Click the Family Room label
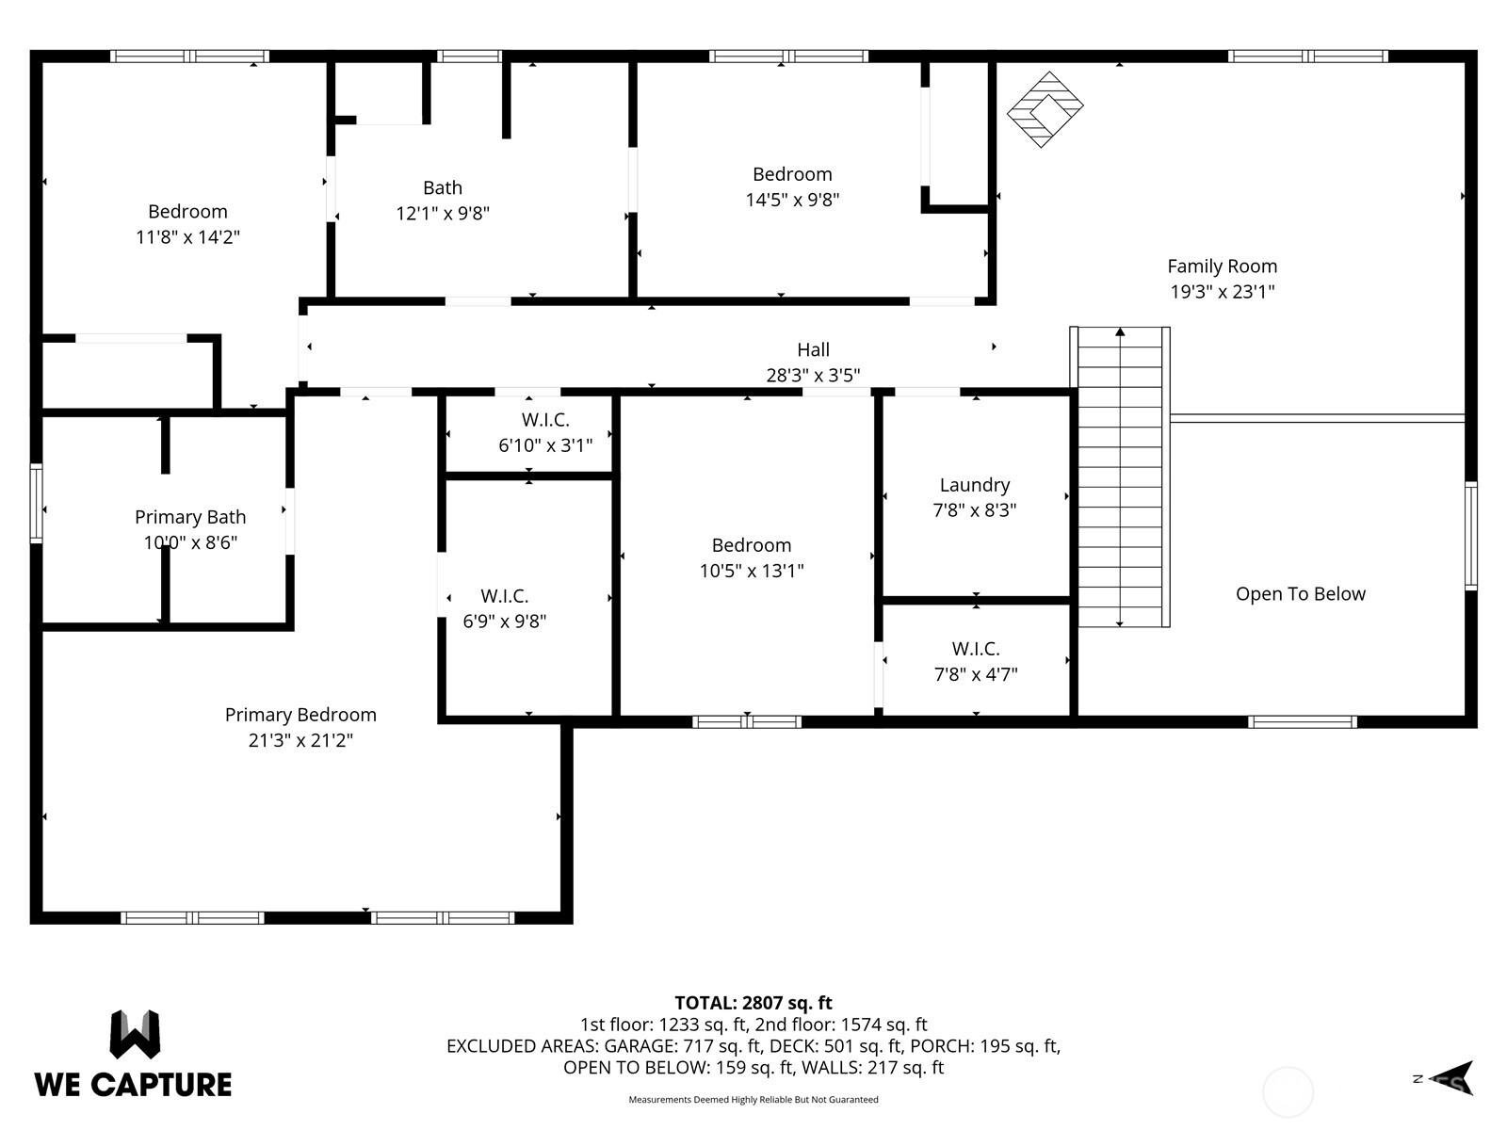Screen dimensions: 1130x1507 pyautogui.click(x=1222, y=266)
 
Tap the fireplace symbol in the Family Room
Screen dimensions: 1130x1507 pyautogui.click(x=1045, y=109)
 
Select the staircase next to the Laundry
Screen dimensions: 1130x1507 pyautogui.click(x=1120, y=477)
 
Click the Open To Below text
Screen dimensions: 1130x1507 pyautogui.click(x=1300, y=594)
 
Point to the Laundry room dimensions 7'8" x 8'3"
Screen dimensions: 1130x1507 pyautogui.click(x=974, y=510)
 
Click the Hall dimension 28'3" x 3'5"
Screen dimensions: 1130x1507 pyautogui.click(x=813, y=376)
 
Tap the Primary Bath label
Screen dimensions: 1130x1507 pyautogui.click(x=190, y=517)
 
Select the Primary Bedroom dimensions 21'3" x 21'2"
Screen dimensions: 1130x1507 pyautogui.click(x=300, y=741)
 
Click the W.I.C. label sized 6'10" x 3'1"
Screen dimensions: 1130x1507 pyautogui.click(x=545, y=420)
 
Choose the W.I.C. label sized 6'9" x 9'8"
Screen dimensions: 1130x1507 pyautogui.click(x=504, y=596)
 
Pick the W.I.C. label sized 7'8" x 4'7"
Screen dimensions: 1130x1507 pyautogui.click(x=975, y=649)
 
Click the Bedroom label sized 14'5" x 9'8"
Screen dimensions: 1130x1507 pyautogui.click(x=792, y=174)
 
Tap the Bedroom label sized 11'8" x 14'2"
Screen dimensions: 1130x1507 pyautogui.click(x=187, y=212)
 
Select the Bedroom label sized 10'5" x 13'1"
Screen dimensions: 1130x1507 pyautogui.click(x=751, y=545)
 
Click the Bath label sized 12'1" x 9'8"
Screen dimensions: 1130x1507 pyautogui.click(x=442, y=188)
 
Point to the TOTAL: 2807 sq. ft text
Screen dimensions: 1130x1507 pyautogui.click(x=753, y=1003)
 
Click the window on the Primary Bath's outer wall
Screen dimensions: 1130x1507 pyautogui.click(x=37, y=503)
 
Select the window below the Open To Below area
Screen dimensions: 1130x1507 pyautogui.click(x=1302, y=722)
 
